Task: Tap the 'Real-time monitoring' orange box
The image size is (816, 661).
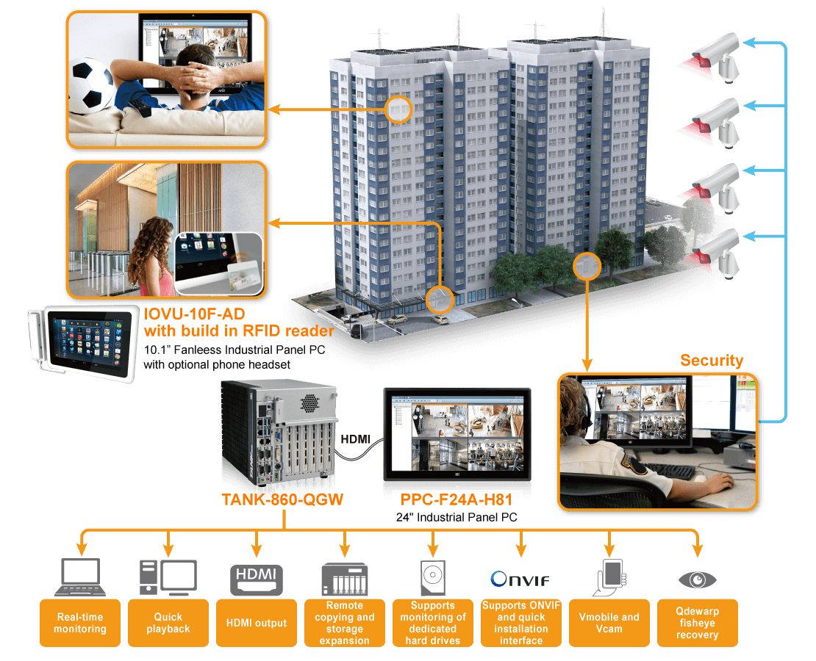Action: tap(79, 623)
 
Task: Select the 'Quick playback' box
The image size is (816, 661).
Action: tap(168, 623)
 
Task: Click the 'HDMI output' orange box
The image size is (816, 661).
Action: tap(256, 623)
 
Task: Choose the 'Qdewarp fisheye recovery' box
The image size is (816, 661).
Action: tap(697, 623)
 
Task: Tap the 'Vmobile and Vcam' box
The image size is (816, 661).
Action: tap(609, 623)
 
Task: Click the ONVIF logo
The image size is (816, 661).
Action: tap(520, 580)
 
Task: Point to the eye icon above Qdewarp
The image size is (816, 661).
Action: tap(697, 580)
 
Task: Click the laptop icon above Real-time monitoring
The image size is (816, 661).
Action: tap(80, 577)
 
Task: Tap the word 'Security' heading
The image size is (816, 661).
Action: tap(711, 361)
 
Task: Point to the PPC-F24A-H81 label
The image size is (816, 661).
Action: tap(456, 500)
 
